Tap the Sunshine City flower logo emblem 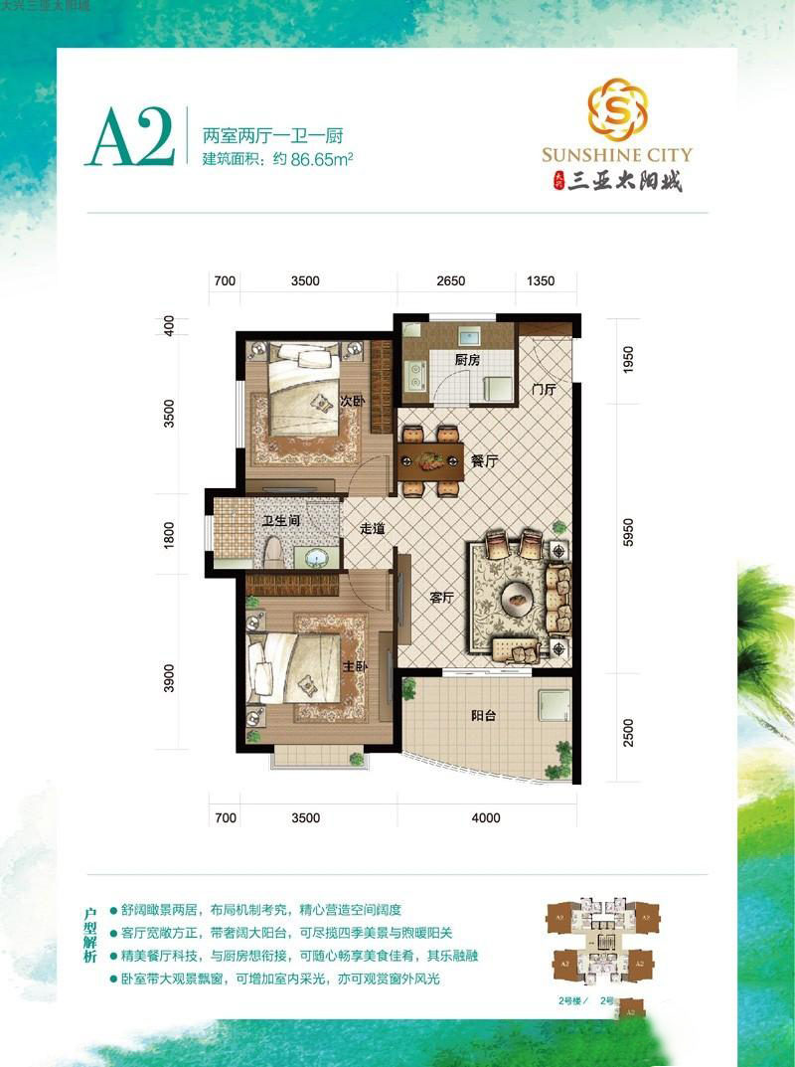[617, 107]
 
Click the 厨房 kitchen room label [468, 361]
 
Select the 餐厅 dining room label [483, 461]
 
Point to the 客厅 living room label [441, 598]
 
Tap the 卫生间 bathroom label [281, 520]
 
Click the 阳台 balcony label [482, 714]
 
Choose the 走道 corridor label [373, 529]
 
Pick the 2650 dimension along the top [451, 281]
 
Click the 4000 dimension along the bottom [486, 818]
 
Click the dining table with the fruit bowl [430, 460]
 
